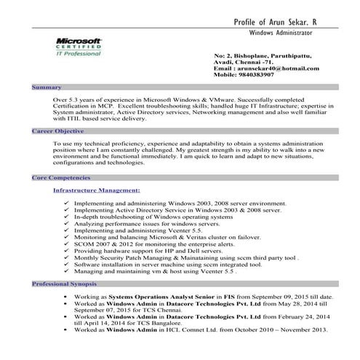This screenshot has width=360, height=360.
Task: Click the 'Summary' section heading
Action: point(48,87)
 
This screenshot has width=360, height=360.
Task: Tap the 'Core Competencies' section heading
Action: point(62,177)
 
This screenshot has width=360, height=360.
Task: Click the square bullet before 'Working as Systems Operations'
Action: point(65,297)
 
